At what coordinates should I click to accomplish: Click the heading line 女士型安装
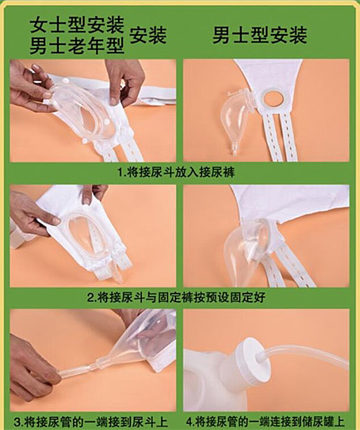(x=76, y=23)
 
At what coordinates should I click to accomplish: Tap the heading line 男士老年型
(x=76, y=46)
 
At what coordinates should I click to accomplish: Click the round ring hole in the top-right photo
(x=274, y=98)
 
